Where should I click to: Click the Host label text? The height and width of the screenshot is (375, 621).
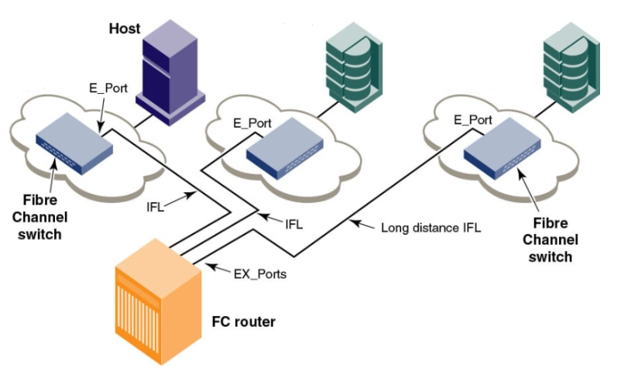(x=125, y=29)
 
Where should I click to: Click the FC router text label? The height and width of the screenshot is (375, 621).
(x=243, y=321)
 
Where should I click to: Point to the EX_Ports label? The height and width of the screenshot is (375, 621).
(x=260, y=274)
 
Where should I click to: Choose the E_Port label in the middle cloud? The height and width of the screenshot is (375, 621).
(x=252, y=122)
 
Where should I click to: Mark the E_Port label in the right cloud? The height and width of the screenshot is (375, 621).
(x=472, y=120)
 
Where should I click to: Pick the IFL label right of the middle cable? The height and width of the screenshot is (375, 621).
(x=293, y=225)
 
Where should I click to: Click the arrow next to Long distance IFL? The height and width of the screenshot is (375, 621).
(x=362, y=225)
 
